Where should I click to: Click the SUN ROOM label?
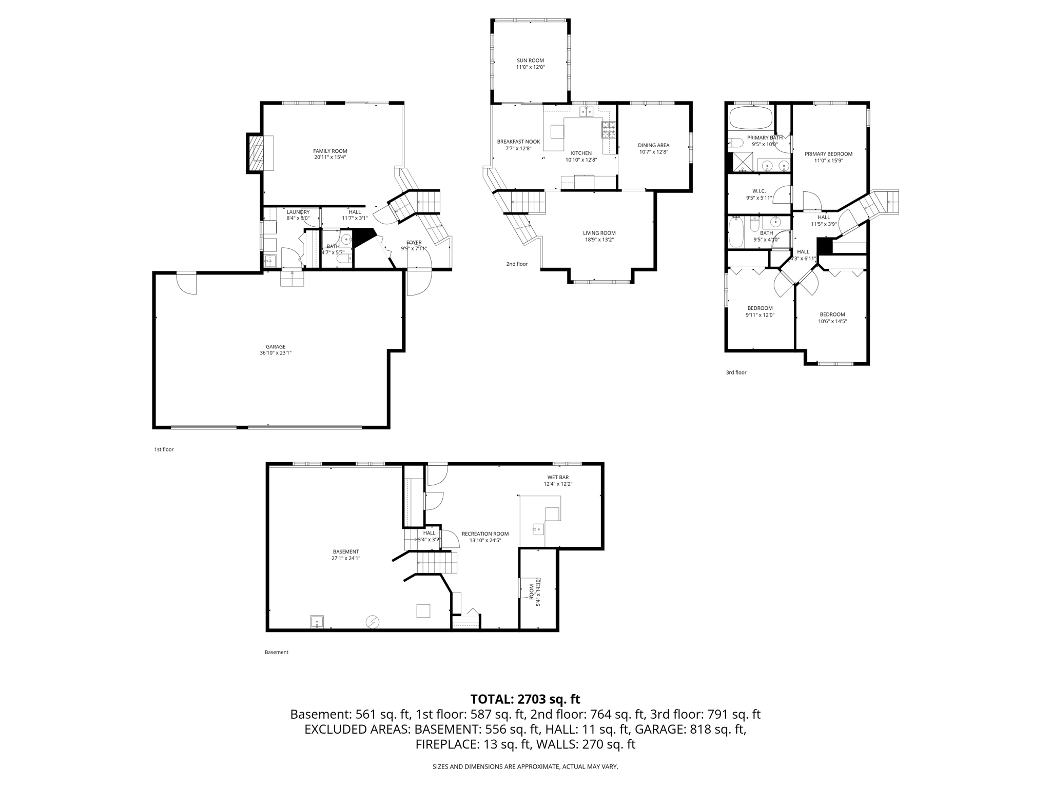pos(530,61)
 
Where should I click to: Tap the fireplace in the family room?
pos(256,153)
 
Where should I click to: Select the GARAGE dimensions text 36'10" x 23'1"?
pos(276,353)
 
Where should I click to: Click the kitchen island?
pos(557,132)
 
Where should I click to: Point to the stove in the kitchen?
pos(609,130)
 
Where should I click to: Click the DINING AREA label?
pos(653,145)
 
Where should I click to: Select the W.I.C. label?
pos(759,191)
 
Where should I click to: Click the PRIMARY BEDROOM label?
pos(828,154)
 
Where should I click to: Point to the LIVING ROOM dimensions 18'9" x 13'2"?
pos(599,240)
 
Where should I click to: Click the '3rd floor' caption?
pos(736,372)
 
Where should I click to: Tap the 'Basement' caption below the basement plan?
pos(277,652)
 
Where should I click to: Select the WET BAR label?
pos(558,477)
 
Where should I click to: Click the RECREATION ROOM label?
pos(485,534)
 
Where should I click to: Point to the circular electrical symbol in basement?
pos(372,622)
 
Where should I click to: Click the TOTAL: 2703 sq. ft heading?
pos(525,699)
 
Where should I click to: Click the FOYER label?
pos(414,243)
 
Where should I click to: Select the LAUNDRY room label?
pos(298,212)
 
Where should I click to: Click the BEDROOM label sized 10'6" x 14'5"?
pos(832,314)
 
